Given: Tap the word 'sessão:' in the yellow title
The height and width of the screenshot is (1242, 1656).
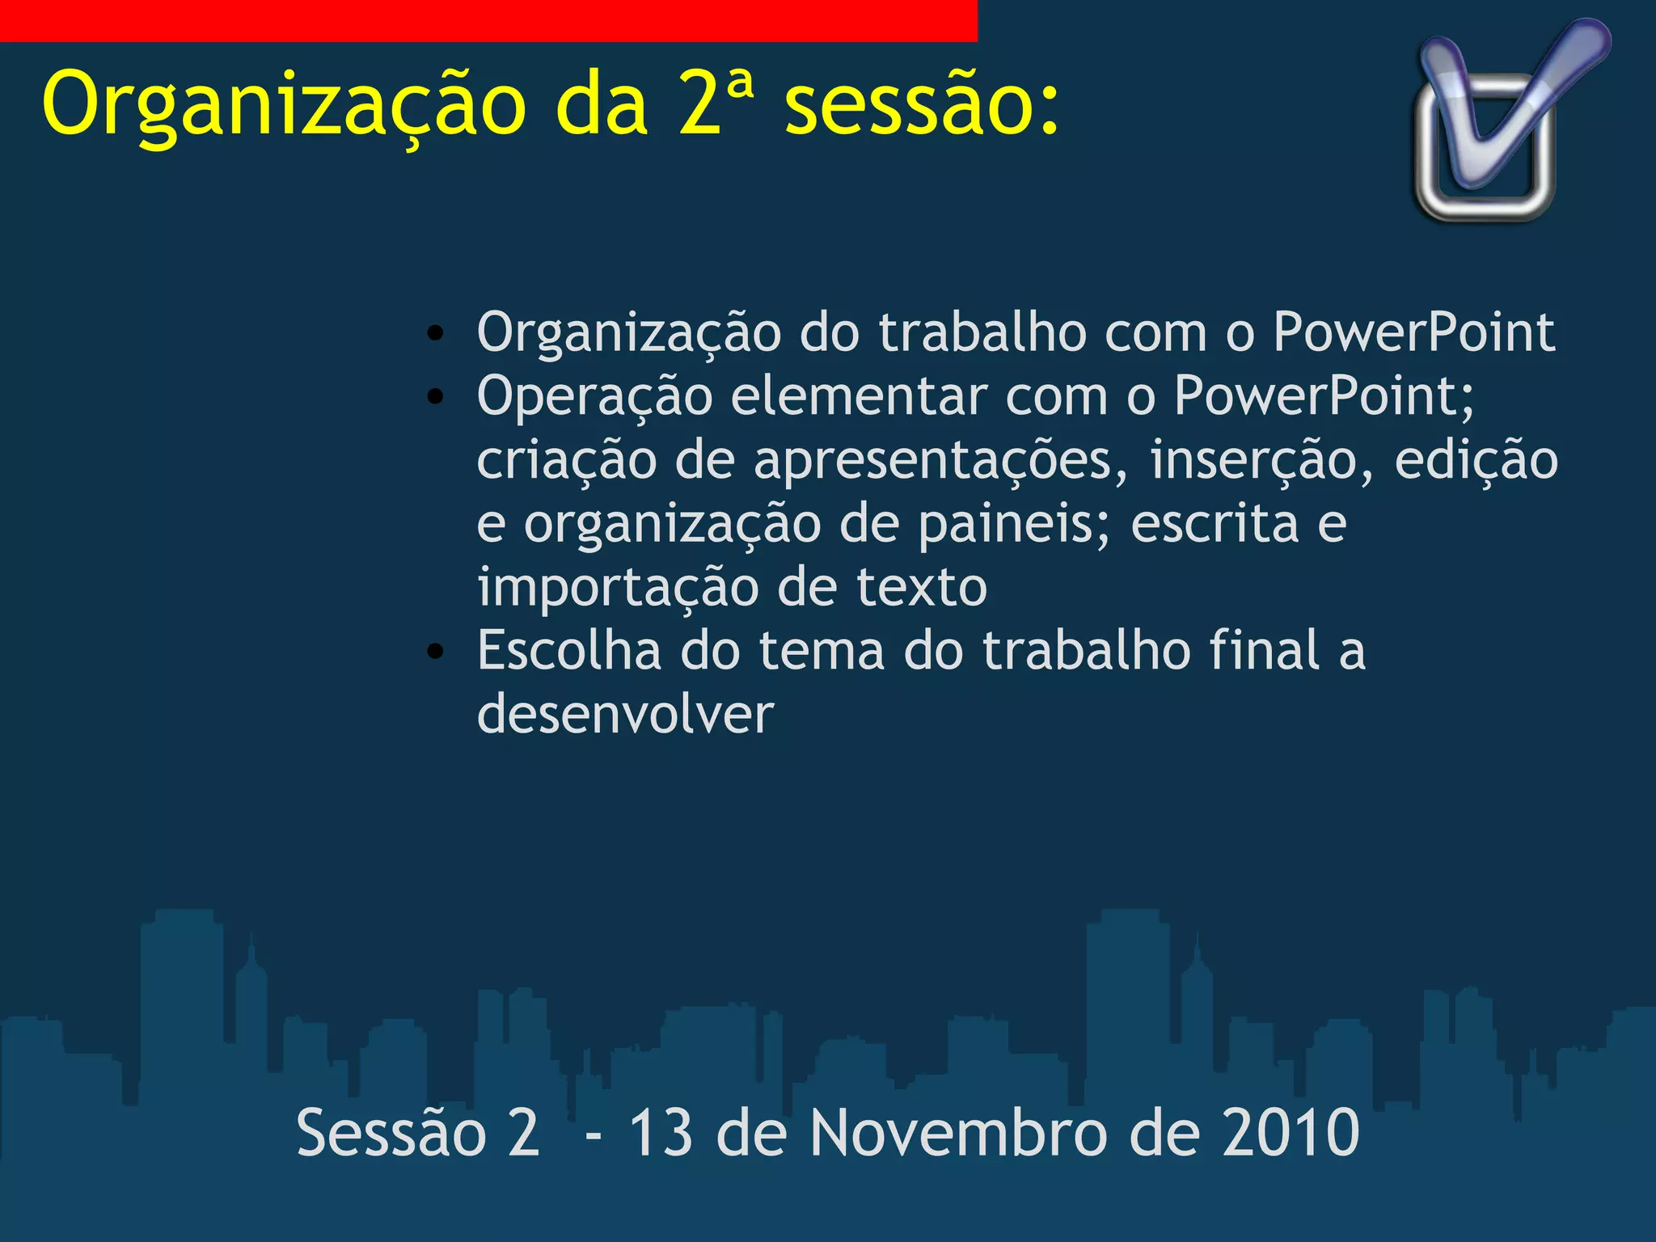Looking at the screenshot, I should coord(922,105).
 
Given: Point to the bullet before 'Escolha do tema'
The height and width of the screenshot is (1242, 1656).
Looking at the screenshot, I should coord(436,651).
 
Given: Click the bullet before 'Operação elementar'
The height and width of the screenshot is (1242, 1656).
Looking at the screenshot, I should coord(436,397).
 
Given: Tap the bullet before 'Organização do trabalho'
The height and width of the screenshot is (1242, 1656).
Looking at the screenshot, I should coord(436,333).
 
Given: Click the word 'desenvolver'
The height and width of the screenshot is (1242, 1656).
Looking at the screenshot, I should coord(625,714).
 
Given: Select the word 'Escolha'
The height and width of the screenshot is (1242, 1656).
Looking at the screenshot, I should coord(568,651).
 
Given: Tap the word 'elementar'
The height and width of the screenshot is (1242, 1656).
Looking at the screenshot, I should coord(859,397).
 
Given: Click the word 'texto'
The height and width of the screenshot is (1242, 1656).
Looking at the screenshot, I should coord(922,588).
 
